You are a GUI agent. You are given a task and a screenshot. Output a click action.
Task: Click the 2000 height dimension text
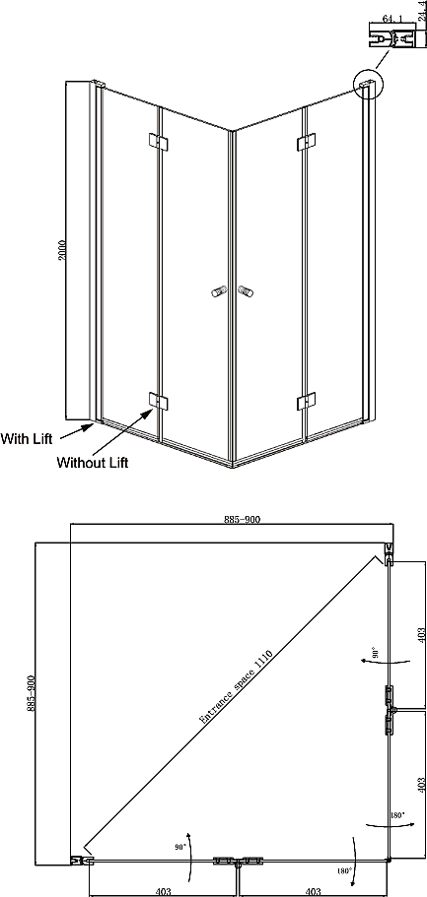pyautogui.click(x=62, y=250)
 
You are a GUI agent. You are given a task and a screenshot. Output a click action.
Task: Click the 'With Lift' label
pyautogui.click(x=27, y=439)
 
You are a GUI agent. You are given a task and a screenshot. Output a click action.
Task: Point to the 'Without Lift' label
pyautogui.click(x=93, y=462)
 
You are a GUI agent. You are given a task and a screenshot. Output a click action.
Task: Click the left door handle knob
pyautogui.click(x=217, y=291)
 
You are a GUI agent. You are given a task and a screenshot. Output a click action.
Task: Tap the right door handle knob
pyautogui.click(x=246, y=291)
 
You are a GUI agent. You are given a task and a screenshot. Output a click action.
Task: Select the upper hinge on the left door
pyautogui.click(x=157, y=142)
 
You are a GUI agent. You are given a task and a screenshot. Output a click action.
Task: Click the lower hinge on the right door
pyautogui.click(x=307, y=401)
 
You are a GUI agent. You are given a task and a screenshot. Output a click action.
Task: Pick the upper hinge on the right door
pyautogui.click(x=307, y=143)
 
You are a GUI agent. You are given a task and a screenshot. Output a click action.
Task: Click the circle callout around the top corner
pyautogui.click(x=368, y=84)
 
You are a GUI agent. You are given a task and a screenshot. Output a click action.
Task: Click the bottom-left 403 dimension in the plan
pyautogui.click(x=165, y=891)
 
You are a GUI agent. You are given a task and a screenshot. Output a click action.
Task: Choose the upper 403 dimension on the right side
pyautogui.click(x=421, y=637)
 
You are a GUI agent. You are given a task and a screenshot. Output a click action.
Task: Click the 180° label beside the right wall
pyautogui.click(x=397, y=814)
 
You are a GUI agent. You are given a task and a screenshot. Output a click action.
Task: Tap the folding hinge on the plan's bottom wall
pyautogui.click(x=238, y=861)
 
